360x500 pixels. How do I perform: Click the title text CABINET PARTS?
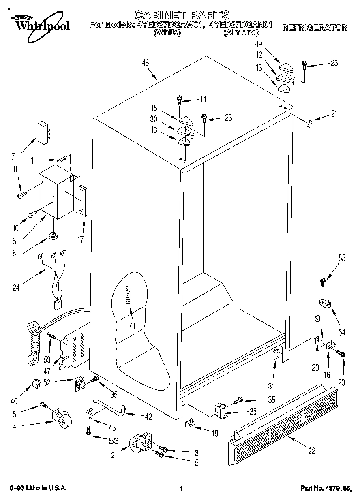tap(182, 15)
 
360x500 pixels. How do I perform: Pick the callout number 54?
tap(342, 332)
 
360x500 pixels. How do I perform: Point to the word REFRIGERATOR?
tap(315, 28)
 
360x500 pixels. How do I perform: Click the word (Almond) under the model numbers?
tap(241, 32)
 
